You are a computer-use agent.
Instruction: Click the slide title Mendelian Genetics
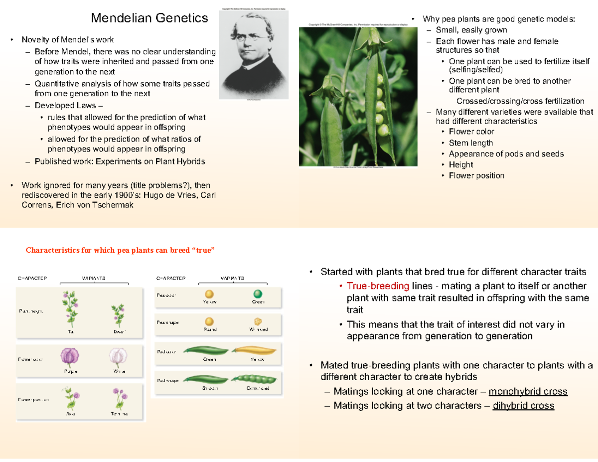coord(149,18)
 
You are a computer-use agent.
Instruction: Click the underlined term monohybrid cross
coord(528,391)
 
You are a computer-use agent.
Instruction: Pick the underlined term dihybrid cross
coord(523,406)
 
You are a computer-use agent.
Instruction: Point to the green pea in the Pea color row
coord(257,295)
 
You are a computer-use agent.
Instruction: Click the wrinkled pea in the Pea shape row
coord(257,321)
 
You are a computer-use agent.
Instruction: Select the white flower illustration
coord(118,357)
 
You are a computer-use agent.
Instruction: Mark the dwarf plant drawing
coord(118,315)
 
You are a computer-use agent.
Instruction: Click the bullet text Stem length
coord(471,143)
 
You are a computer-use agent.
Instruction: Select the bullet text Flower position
coord(476,175)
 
